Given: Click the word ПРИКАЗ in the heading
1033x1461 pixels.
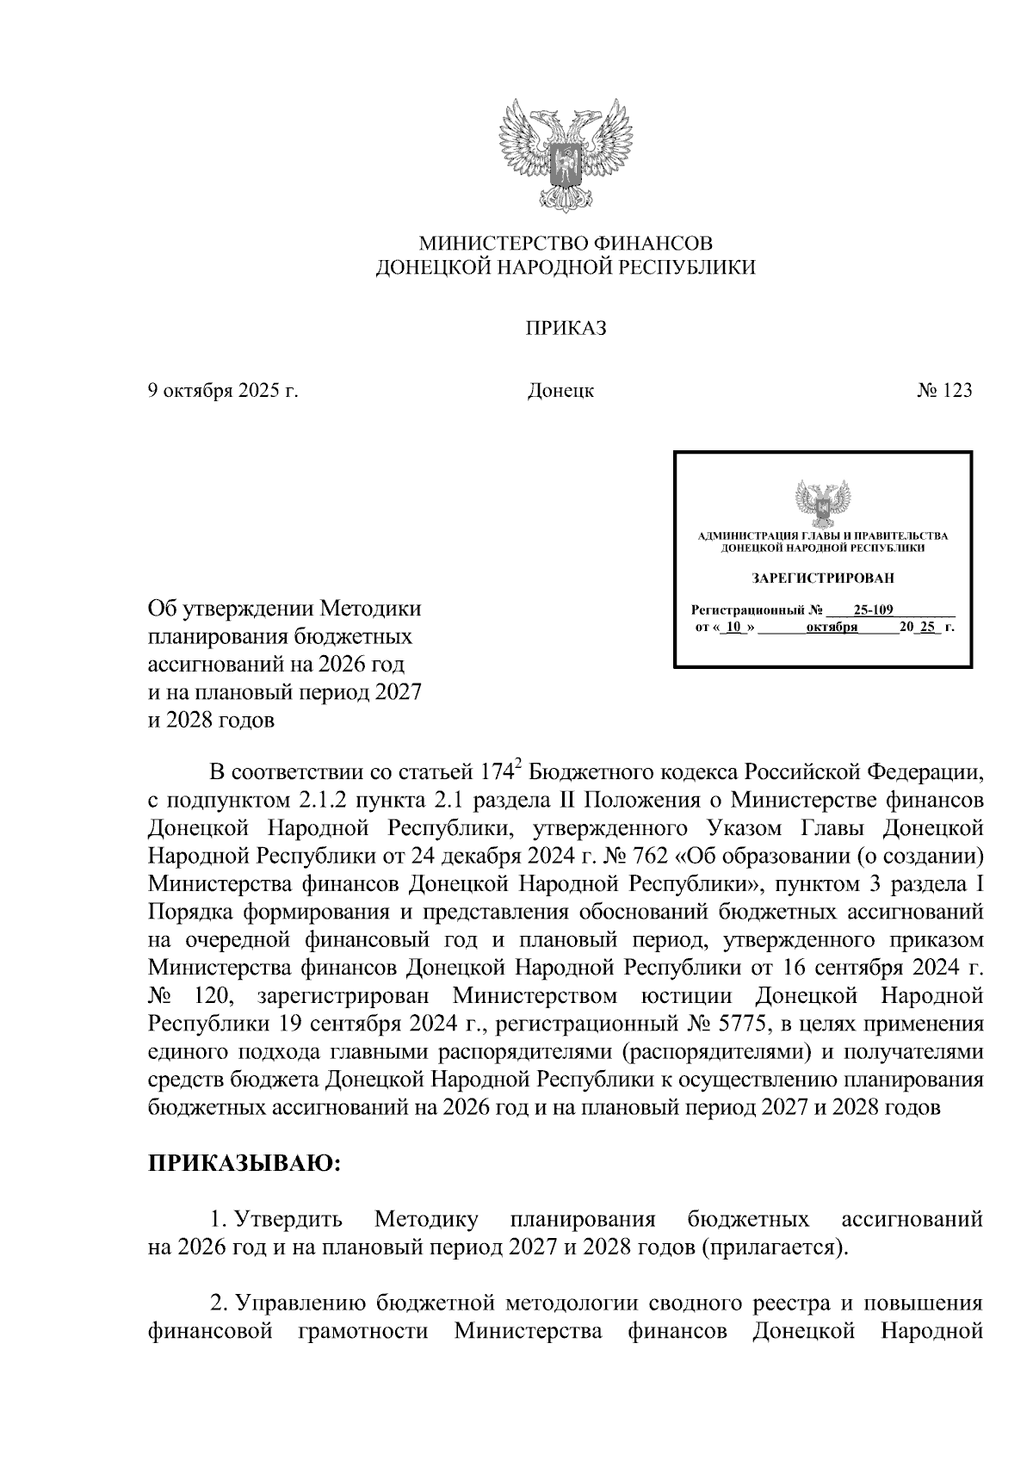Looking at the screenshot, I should click(566, 328).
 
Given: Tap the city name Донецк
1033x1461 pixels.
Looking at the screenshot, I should click(560, 392).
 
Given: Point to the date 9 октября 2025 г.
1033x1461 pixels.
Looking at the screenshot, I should click(223, 391).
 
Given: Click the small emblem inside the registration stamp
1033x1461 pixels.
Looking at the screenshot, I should click(822, 504).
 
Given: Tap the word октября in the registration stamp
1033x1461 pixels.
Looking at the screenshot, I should click(832, 628).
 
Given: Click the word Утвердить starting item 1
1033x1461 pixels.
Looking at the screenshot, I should click(287, 1220).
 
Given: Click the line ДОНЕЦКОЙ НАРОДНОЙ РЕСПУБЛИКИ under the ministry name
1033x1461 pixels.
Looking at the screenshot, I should click(566, 269).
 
